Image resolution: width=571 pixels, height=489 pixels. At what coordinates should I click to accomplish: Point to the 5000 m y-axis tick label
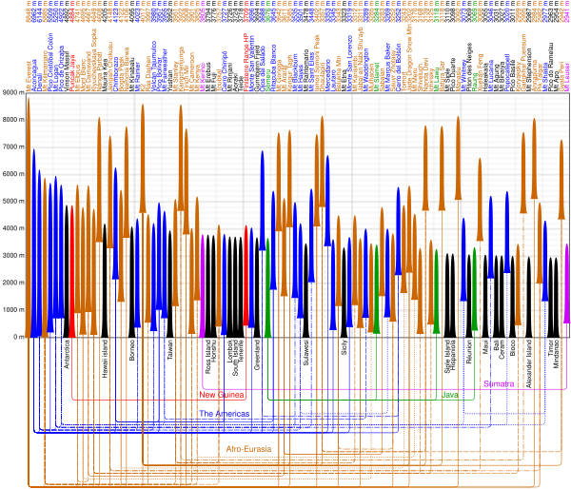pyautogui.click(x=10, y=202)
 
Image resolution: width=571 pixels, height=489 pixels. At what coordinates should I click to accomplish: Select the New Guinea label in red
pyautogui.click(x=221, y=394)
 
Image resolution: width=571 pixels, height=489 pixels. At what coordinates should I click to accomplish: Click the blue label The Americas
pyautogui.click(x=224, y=414)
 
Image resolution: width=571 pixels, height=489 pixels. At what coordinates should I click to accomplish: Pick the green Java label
pyautogui.click(x=451, y=394)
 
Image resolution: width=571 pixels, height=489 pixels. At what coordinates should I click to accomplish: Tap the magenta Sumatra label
pyautogui.click(x=498, y=383)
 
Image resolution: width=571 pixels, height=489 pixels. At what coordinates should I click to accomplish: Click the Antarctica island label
pyautogui.click(x=68, y=355)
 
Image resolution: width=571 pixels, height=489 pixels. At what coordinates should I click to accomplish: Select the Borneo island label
pyautogui.click(x=131, y=351)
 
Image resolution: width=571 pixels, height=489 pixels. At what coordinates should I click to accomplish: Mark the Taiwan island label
pyautogui.click(x=171, y=350)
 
